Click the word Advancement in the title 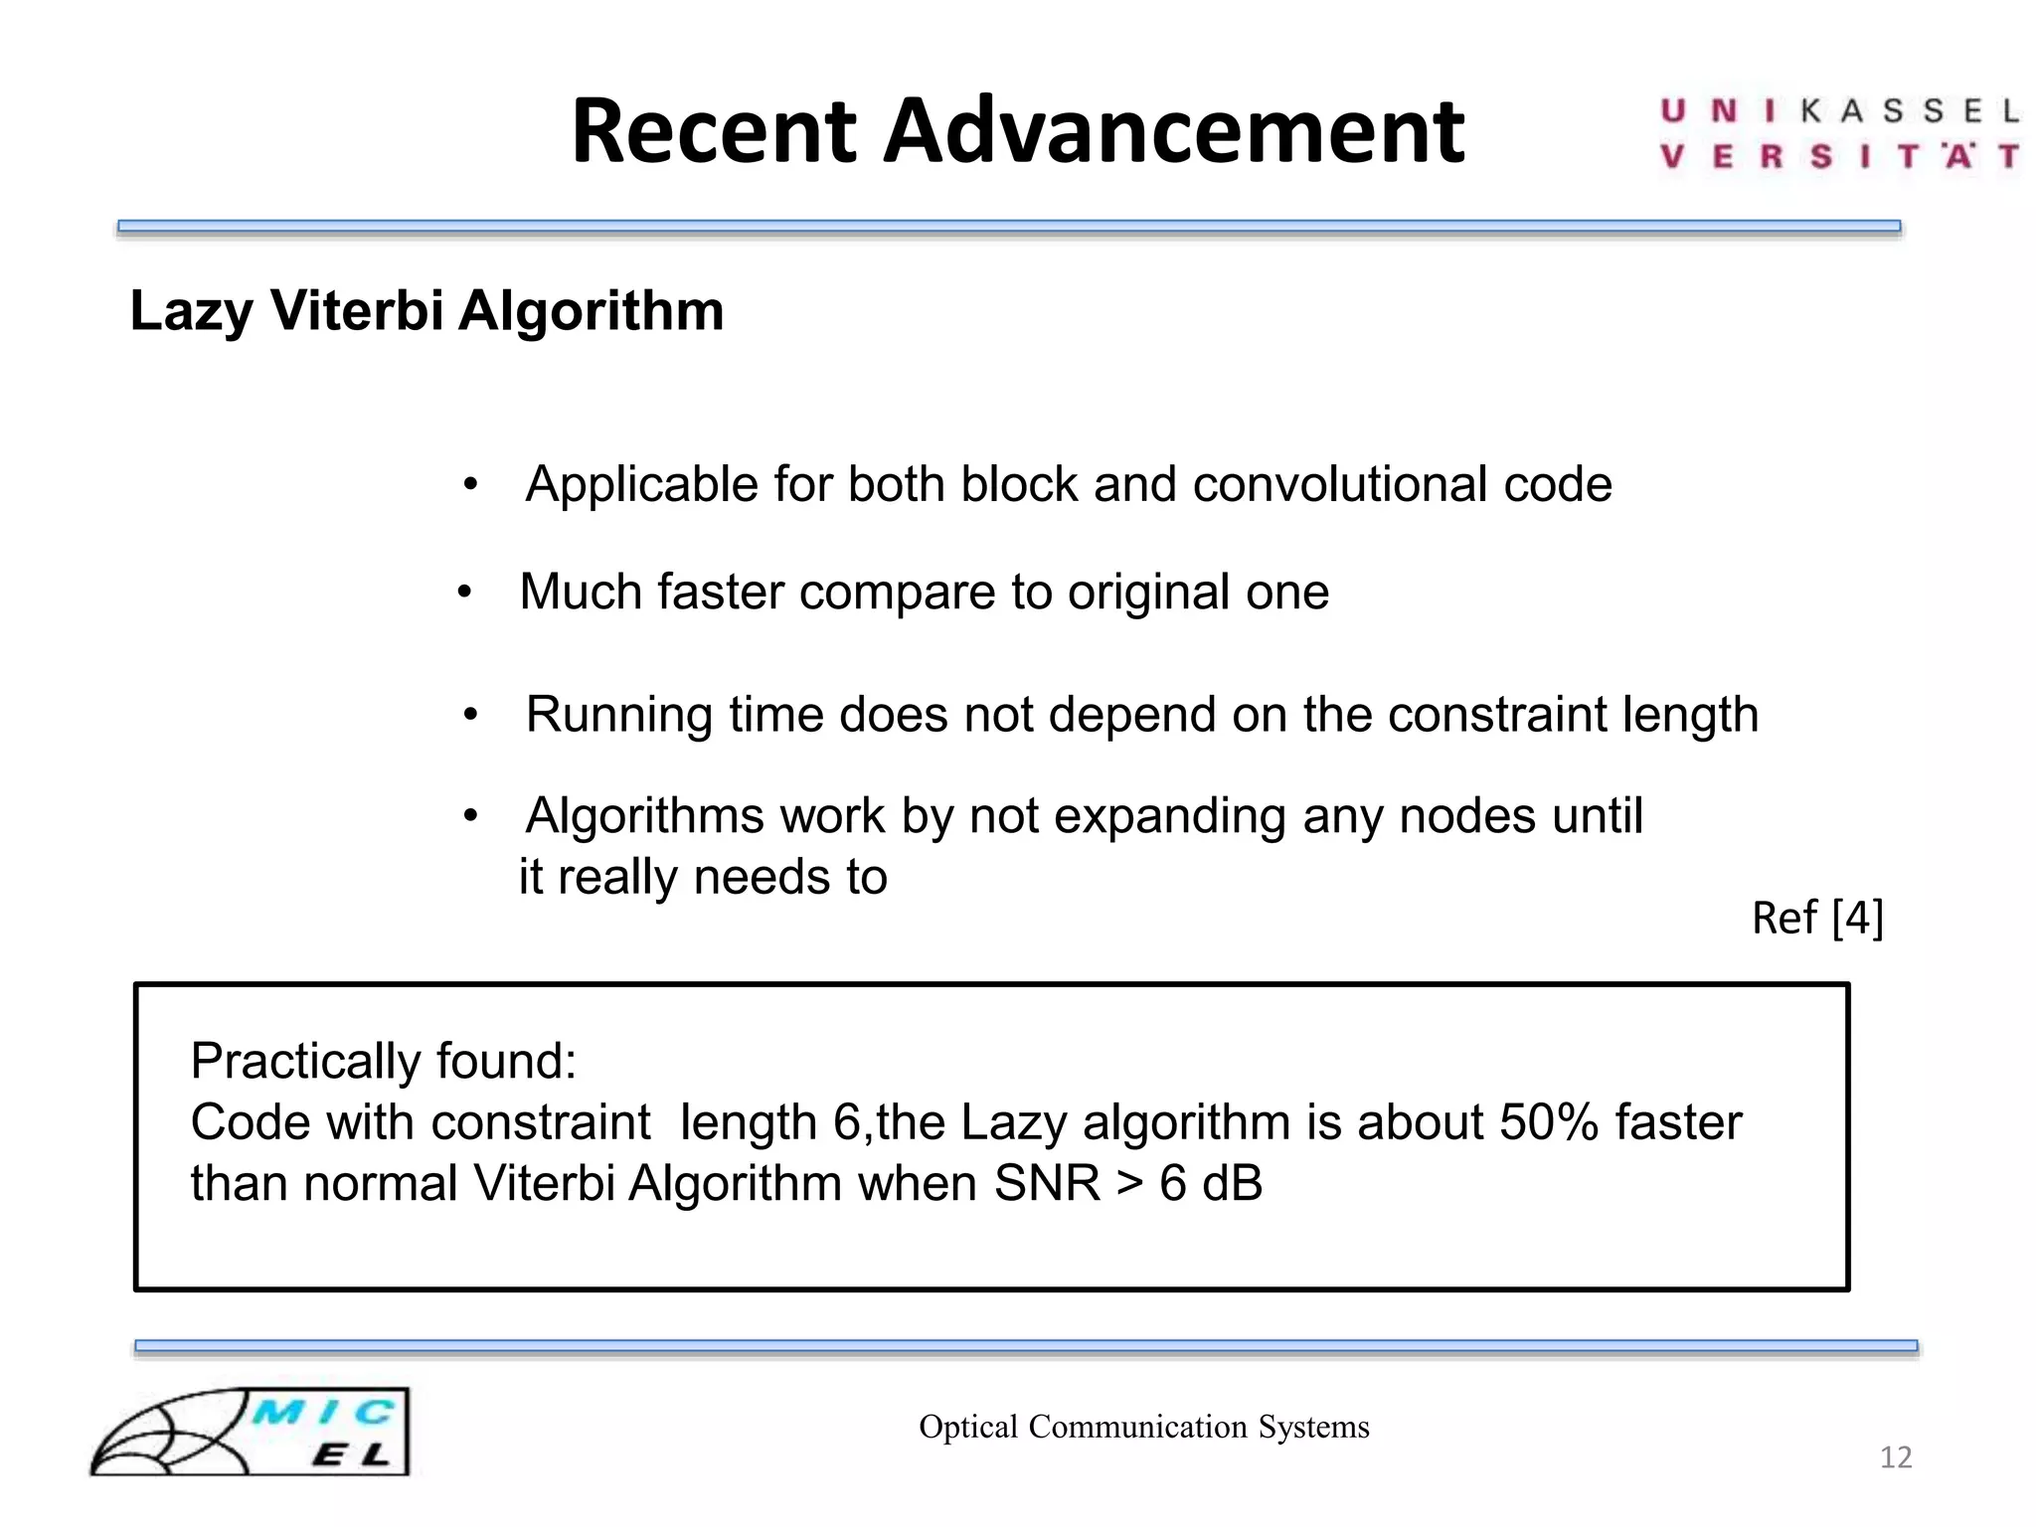point(1173,131)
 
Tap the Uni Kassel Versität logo point(1839,134)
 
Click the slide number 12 point(1896,1457)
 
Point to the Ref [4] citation point(1817,918)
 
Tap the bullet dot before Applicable point(471,486)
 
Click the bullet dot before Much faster point(464,594)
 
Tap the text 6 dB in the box point(1210,1183)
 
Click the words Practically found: point(384,1061)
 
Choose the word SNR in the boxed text point(1047,1183)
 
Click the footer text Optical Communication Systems point(1144,1427)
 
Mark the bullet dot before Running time point(471,715)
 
